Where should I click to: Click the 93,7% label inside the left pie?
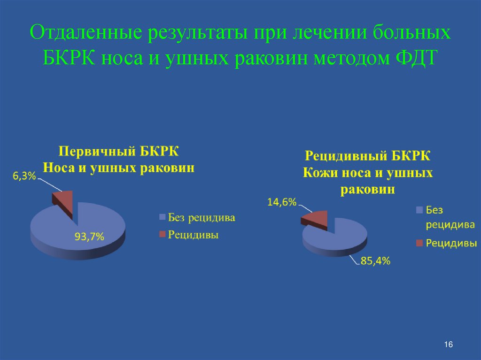click(89, 237)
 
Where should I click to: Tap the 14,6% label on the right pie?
click(282, 202)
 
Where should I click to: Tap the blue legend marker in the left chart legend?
click(163, 217)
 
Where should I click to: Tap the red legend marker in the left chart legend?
click(163, 234)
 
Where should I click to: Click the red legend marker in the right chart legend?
click(419, 243)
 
